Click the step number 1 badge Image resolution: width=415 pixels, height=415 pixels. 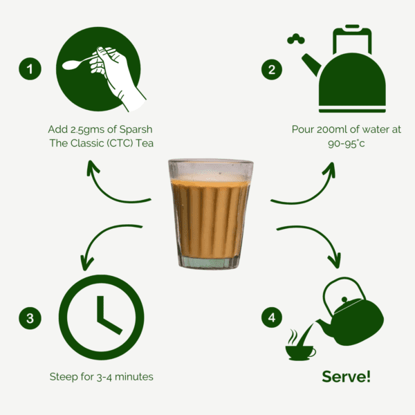point(30,68)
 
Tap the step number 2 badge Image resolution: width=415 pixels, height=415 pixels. point(272,69)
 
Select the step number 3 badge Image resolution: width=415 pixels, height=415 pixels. point(30,318)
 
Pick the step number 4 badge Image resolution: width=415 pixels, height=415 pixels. point(272,317)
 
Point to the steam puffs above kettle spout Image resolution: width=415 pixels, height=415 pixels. point(296,39)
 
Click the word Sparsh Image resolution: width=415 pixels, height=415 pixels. point(136,130)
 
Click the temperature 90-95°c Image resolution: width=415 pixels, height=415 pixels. point(347,144)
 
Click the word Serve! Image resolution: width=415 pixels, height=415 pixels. point(347,376)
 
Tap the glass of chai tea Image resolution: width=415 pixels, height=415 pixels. point(210,214)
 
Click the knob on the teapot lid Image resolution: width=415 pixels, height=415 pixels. point(344,299)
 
